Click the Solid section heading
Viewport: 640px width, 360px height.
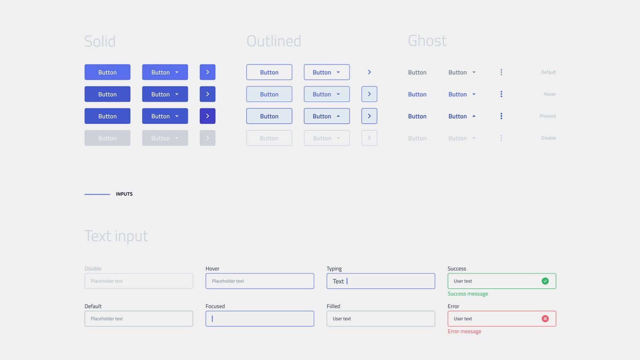(100, 41)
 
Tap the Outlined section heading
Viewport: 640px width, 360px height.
(274, 41)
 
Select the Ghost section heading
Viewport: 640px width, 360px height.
(427, 41)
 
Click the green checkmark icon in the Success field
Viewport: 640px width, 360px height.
(545, 281)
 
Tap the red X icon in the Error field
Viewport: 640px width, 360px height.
(545, 318)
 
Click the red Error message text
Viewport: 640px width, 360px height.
(464, 331)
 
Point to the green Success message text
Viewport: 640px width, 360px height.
(468, 294)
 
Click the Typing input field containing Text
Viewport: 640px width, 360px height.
(381, 281)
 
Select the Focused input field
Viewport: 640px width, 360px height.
(260, 318)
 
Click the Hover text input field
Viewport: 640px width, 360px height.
(260, 281)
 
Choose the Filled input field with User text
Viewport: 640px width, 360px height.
(381, 318)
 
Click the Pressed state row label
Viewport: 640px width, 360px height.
(547, 116)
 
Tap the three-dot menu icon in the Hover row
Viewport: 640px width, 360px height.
(501, 94)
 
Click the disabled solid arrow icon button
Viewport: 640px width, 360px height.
(207, 138)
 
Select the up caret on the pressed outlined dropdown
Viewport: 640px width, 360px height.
(338, 116)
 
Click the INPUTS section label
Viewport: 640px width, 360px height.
(124, 194)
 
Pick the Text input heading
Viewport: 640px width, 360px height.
(116, 236)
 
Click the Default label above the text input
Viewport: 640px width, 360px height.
(93, 306)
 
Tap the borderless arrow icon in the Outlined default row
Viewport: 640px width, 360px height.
(369, 72)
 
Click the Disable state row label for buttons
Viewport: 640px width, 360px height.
(548, 138)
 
